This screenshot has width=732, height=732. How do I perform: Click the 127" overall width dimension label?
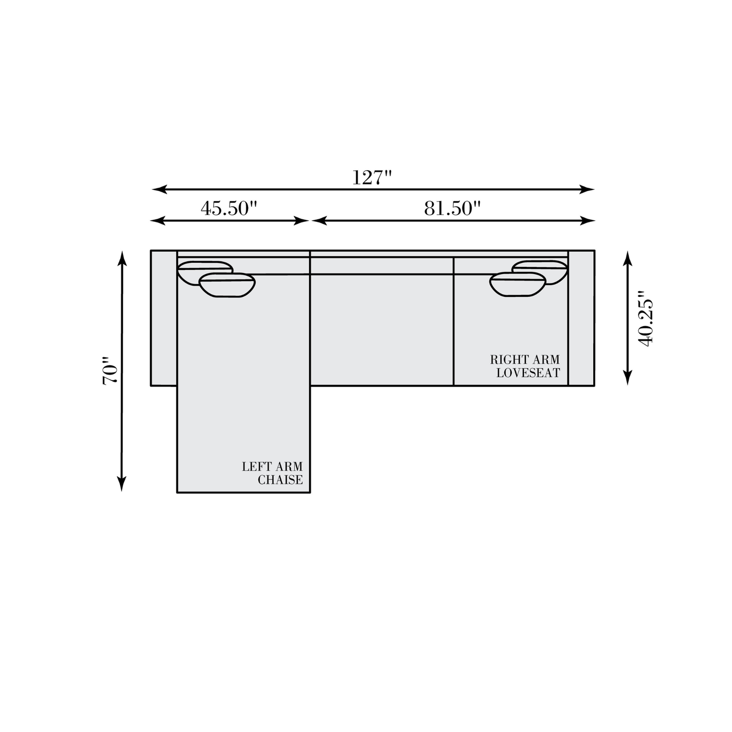point(371,177)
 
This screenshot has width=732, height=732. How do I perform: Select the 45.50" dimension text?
point(228,208)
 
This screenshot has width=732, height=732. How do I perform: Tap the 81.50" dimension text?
point(452,208)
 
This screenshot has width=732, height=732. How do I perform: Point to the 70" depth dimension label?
point(110,370)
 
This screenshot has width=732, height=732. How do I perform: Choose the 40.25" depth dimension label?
point(645,318)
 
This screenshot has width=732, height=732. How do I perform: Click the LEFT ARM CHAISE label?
point(273,473)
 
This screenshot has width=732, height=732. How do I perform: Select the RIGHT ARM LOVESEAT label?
point(525,366)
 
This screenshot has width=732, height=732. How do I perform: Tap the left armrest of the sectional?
point(164,318)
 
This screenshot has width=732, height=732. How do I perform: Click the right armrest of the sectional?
point(581,318)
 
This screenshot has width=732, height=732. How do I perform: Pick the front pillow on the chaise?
point(227,285)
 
